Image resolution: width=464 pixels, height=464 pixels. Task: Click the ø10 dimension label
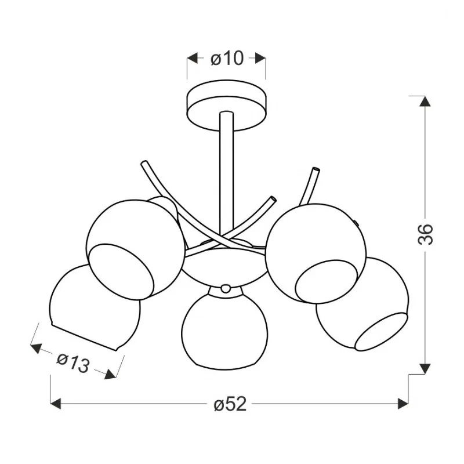[227, 59]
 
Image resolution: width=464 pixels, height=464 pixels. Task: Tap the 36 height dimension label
[425, 234]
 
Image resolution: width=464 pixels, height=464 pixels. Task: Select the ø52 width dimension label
[230, 404]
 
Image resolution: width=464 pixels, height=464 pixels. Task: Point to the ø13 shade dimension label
[73, 363]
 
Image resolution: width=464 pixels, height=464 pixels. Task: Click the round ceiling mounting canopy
[226, 105]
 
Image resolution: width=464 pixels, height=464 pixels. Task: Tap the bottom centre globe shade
[225, 328]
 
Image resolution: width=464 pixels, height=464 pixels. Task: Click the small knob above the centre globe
[226, 288]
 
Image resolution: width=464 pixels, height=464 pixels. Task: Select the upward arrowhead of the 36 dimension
[425, 101]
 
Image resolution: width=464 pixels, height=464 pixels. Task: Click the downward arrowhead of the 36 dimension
[425, 369]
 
